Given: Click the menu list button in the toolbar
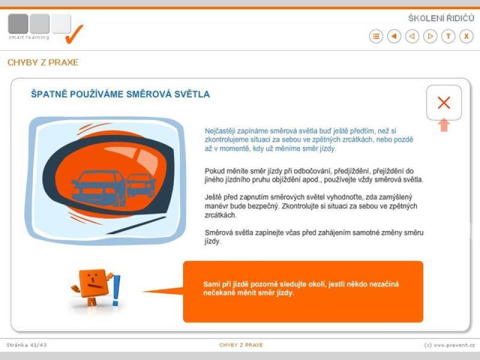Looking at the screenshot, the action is tap(376, 37).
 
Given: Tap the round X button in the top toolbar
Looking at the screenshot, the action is tap(466, 37).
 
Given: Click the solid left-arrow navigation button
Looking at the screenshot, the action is tap(394, 37).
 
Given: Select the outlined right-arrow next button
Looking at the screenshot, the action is tap(430, 37).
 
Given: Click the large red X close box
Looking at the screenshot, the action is tap(444, 103).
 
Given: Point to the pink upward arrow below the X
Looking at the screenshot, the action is tap(444, 125).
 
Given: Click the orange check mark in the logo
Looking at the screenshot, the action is tap(74, 34).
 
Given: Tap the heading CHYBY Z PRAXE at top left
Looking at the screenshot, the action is tap(43, 62).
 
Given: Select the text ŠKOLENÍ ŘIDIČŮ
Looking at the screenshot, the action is tap(441, 19).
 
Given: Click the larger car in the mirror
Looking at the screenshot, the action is tap(98, 188).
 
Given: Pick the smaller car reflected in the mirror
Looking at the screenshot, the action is tap(141, 185).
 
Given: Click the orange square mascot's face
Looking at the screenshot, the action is tap(94, 283).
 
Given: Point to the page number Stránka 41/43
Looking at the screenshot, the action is tap(26, 345).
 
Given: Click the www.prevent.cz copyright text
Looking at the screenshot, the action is tap(449, 345).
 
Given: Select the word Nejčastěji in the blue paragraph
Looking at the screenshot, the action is tap(220, 131).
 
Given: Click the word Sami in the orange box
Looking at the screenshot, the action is tap(211, 284).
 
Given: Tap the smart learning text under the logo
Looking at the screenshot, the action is tap(29, 37).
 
